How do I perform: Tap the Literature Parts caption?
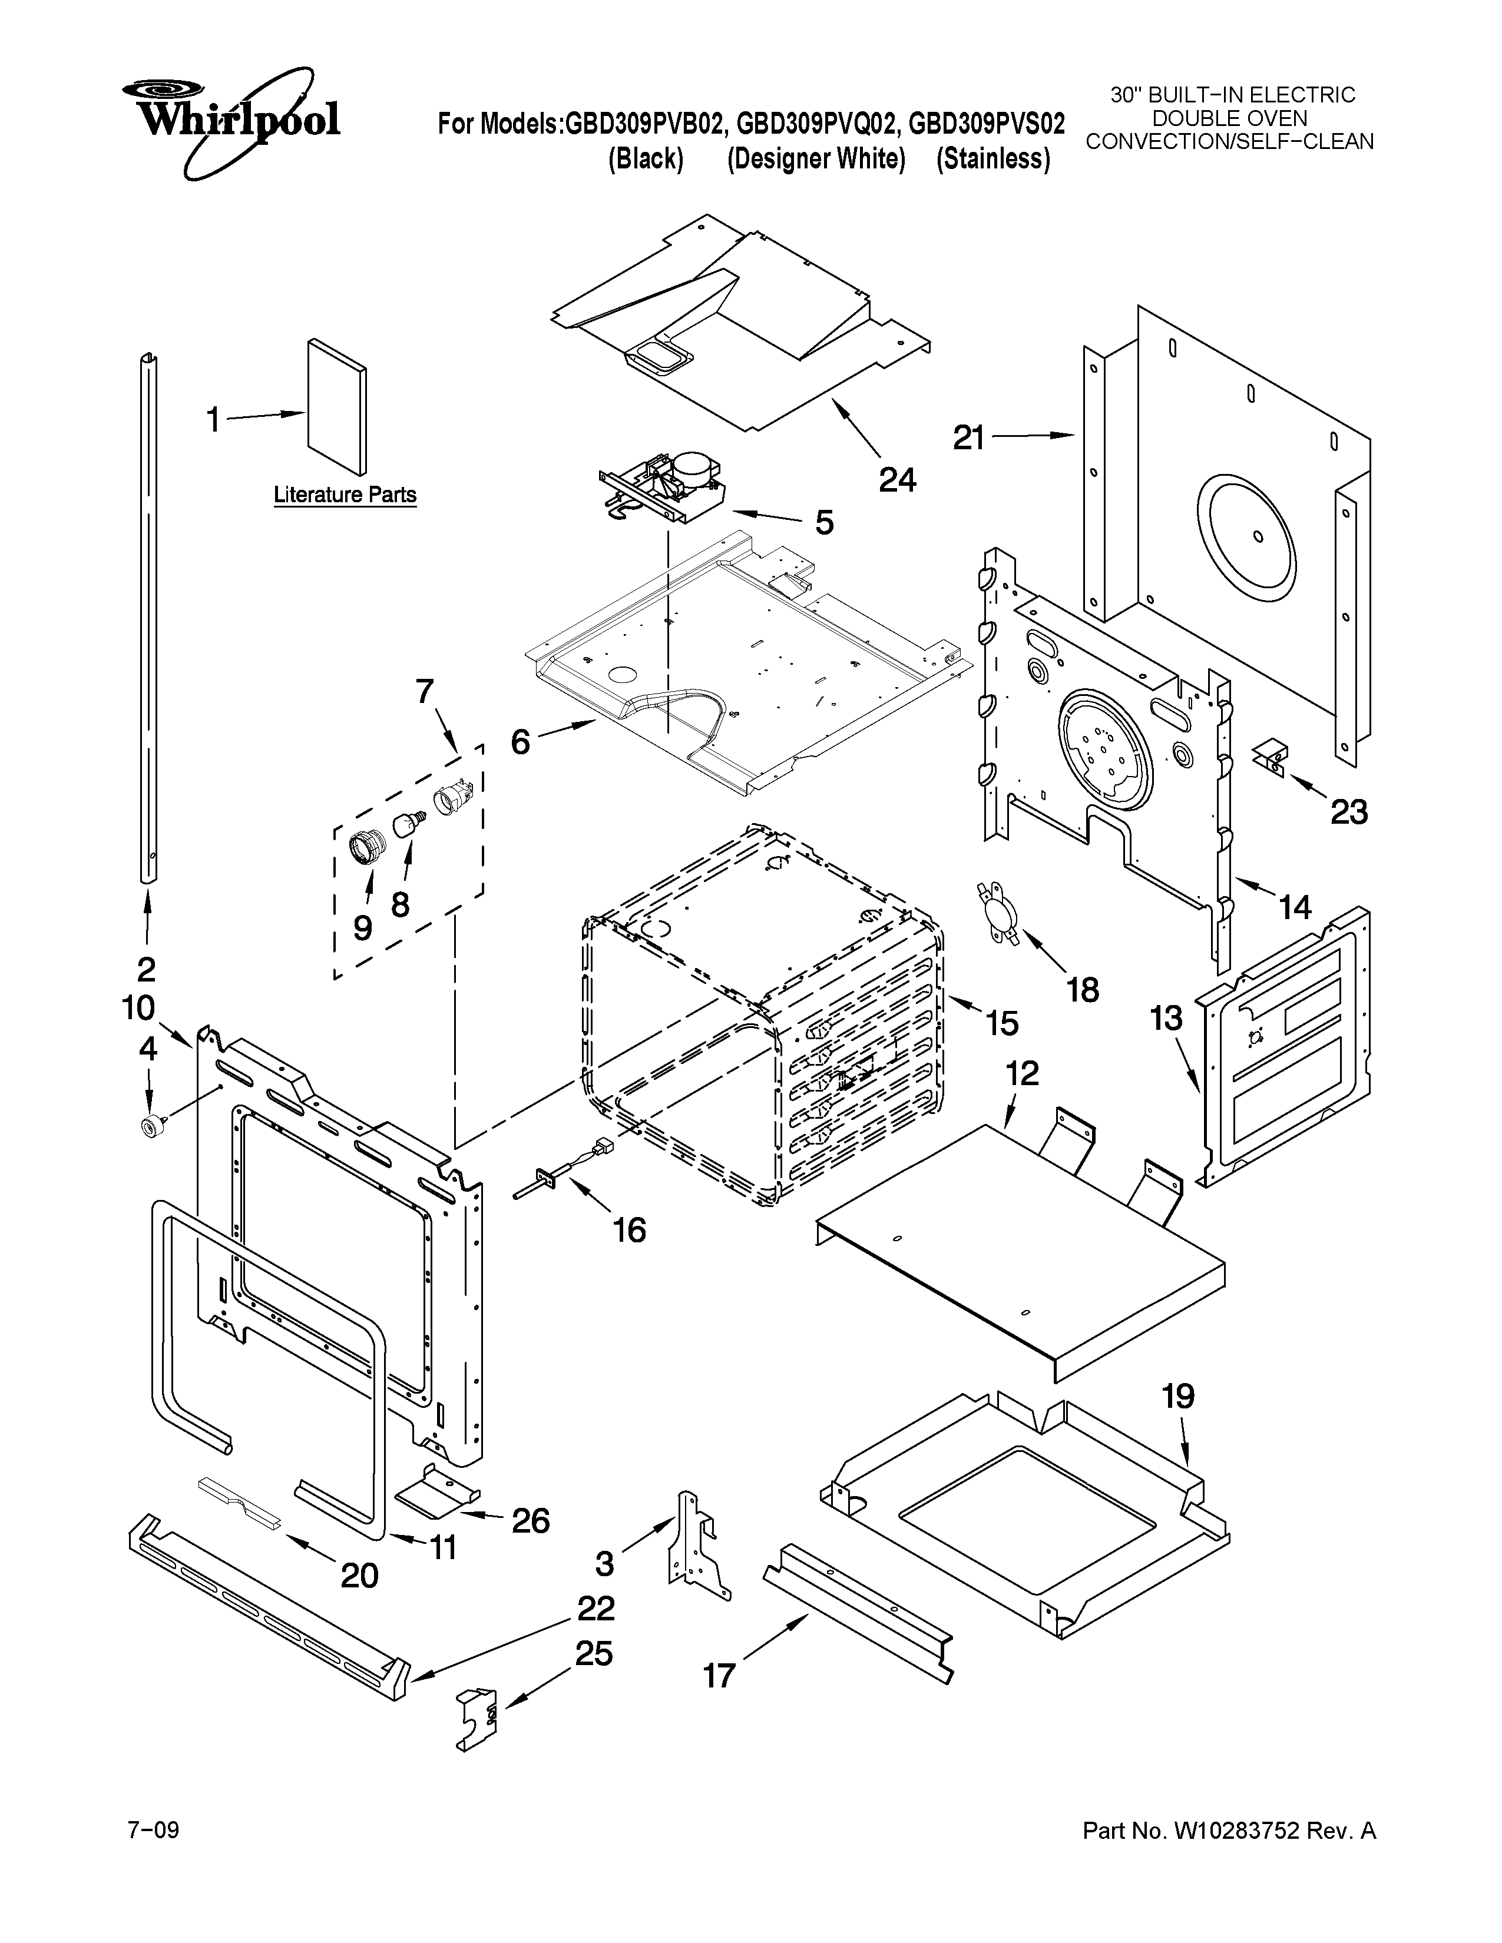tap(345, 495)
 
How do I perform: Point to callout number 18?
tap(1082, 989)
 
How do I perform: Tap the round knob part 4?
tap(147, 1126)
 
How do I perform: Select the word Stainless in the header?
tap(993, 159)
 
